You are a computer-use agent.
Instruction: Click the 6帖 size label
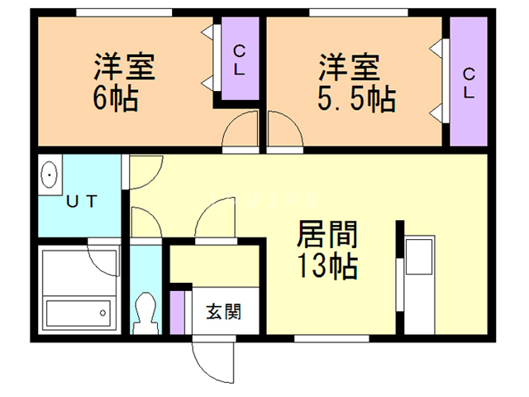click(115, 100)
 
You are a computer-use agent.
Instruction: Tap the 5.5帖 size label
click(356, 100)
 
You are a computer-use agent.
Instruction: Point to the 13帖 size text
click(327, 266)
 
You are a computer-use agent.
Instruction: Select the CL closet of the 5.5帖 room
click(468, 82)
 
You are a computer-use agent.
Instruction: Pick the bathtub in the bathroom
click(77, 313)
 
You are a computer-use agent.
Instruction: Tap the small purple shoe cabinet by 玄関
click(179, 311)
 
